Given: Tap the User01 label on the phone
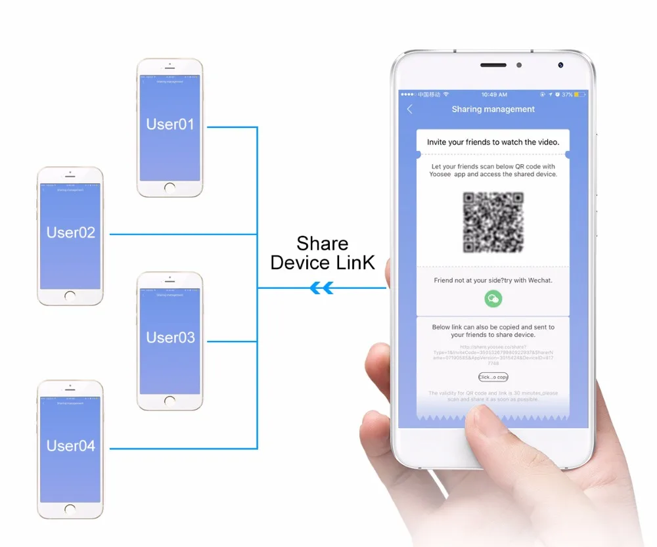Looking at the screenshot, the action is tap(170, 124).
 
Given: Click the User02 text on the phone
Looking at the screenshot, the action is tap(70, 232).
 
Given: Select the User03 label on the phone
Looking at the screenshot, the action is tap(170, 338).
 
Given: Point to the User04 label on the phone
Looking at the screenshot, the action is tap(70, 446).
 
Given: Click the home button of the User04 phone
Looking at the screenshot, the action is tap(70, 510).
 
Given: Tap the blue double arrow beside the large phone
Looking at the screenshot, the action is tap(321, 288).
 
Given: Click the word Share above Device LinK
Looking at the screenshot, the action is tap(322, 244).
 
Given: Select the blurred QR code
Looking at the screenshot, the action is tap(493, 222).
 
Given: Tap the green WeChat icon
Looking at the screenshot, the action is tap(493, 299).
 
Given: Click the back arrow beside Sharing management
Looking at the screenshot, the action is tap(410, 110).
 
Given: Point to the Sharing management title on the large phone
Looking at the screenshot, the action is tap(493, 110).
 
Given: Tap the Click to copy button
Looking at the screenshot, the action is tap(493, 377).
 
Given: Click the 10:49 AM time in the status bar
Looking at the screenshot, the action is tap(493, 95).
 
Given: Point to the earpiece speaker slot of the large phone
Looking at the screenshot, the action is tap(493, 66).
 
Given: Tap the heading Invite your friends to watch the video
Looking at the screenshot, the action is tap(493, 142).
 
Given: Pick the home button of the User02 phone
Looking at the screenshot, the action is tap(70, 296).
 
